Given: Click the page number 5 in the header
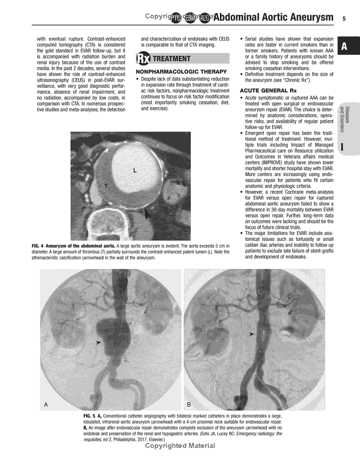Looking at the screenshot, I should pyautogui.click(x=344, y=18).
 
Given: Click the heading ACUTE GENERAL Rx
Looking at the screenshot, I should pyautogui.click(x=268, y=91).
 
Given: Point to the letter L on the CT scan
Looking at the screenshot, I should pyautogui.click(x=135, y=170).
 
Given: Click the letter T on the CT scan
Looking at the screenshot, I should pyautogui.click(x=106, y=185).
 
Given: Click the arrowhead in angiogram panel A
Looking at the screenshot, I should pyautogui.click(x=99, y=343).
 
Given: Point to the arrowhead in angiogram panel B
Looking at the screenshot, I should pyautogui.click(x=252, y=334).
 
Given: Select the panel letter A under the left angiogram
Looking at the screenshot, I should pyautogui.click(x=46, y=404).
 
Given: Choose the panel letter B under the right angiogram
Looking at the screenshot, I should pyautogui.click(x=189, y=404).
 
